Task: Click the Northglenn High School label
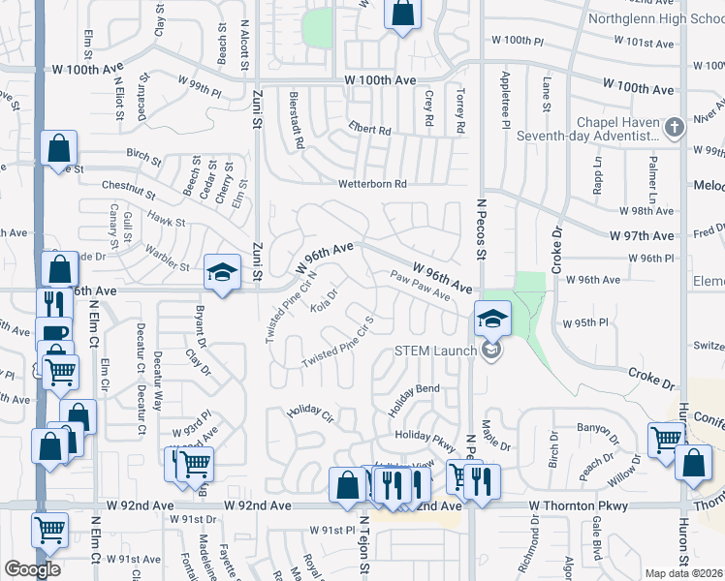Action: (656, 17)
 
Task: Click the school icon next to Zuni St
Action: (222, 271)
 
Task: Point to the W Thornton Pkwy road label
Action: (579, 505)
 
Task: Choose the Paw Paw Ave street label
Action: (422, 286)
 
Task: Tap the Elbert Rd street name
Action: (370, 130)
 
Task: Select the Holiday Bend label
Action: (415, 388)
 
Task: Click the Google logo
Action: (32, 568)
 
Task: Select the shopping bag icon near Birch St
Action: (59, 149)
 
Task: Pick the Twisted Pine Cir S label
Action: (337, 343)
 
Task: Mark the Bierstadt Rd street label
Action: (297, 120)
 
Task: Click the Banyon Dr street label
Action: (597, 425)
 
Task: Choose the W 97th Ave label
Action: (641, 235)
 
